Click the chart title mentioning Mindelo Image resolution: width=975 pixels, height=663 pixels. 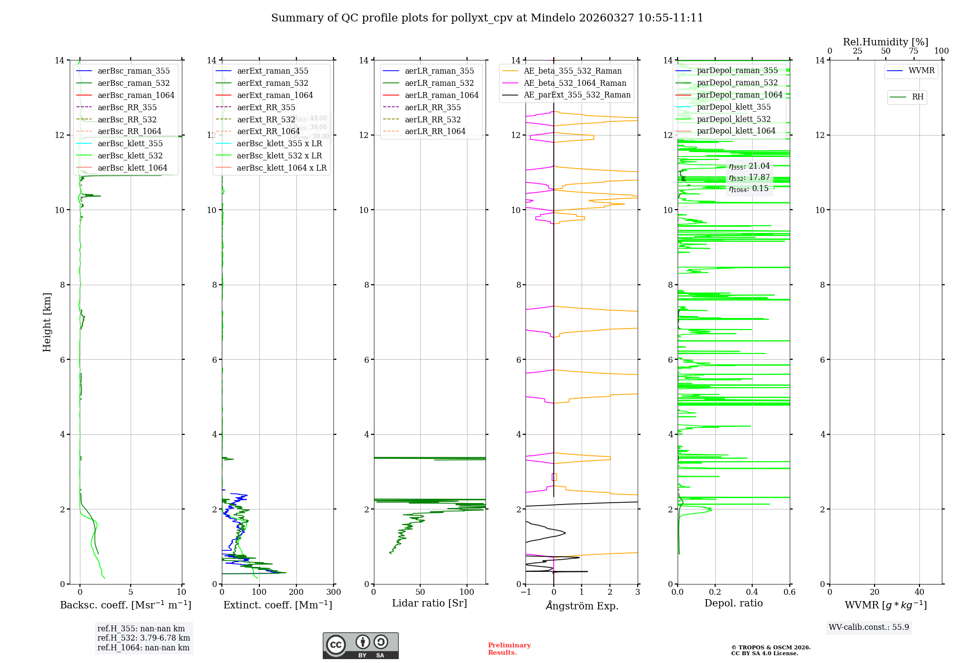click(x=487, y=18)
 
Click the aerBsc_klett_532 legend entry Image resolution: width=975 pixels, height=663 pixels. click(x=130, y=156)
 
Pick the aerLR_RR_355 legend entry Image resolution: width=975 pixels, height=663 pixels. click(x=432, y=108)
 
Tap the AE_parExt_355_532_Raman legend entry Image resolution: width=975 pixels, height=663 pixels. click(x=577, y=95)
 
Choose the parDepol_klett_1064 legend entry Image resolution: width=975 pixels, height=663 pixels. click(x=736, y=131)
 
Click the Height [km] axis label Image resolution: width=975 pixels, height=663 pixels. click(x=47, y=322)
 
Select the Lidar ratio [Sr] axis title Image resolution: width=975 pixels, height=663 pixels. click(x=429, y=604)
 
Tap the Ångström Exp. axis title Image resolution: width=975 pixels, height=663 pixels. click(x=582, y=606)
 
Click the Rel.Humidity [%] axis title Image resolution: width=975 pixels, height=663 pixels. click(x=885, y=42)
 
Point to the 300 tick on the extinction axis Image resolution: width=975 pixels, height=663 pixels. click(x=333, y=592)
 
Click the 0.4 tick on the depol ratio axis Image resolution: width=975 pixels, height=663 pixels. click(x=752, y=592)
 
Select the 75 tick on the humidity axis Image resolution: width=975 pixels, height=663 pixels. click(x=914, y=51)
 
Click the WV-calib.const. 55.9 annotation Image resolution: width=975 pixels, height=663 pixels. click(x=869, y=627)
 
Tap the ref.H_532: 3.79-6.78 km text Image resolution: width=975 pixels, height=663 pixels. click(x=144, y=638)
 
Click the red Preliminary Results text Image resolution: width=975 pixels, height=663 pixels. click(x=509, y=649)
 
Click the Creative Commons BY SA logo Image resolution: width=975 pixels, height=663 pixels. click(x=360, y=646)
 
